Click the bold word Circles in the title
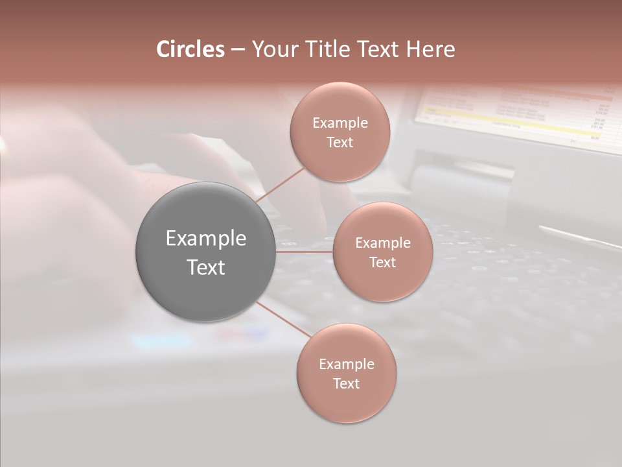tap(190, 49)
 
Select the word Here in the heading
tap(430, 49)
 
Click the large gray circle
tap(205, 252)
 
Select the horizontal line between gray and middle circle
tap(305, 252)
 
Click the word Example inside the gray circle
tap(205, 239)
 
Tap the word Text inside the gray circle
tap(205, 267)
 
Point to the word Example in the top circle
tap(340, 123)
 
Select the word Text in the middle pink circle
tap(382, 263)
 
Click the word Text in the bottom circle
tap(346, 384)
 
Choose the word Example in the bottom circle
tap(346, 365)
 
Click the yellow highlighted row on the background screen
tap(505, 121)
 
